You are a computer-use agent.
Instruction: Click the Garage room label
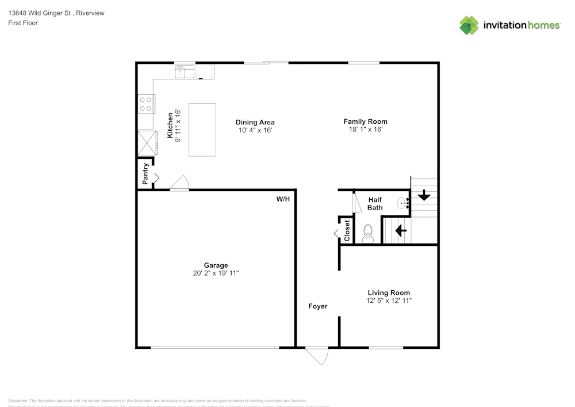point(216,265)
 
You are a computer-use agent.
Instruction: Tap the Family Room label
point(365,121)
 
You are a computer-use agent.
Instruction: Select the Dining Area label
point(255,122)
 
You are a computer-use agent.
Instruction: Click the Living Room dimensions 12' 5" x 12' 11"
point(389,301)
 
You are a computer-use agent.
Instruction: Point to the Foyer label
point(317,306)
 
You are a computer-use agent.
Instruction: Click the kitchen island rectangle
point(202,130)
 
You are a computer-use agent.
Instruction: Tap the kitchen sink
point(185,71)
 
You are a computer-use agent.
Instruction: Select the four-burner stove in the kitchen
point(145,104)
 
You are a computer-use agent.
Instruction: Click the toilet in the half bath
point(368,233)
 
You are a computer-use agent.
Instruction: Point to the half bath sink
point(403,203)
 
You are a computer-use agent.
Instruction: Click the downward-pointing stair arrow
point(424,196)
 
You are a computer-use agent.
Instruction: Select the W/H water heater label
point(283,199)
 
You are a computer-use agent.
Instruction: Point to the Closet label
point(347,231)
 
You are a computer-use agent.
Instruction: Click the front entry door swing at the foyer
point(317,355)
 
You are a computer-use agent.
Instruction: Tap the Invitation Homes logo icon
point(469,25)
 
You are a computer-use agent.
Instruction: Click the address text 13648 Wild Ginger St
point(40,13)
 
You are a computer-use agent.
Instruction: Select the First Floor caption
point(23,23)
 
